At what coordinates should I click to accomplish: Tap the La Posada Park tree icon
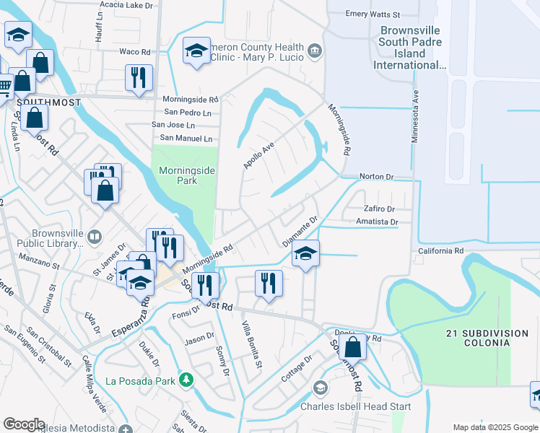click(x=186, y=379)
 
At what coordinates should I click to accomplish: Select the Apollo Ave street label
click(x=258, y=155)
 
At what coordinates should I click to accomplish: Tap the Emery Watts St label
click(x=373, y=14)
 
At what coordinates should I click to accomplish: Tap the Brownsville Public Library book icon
click(x=95, y=237)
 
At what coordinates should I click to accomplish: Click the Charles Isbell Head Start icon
click(x=320, y=388)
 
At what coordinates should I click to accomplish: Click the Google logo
click(x=24, y=424)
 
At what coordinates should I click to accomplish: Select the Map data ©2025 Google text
click(x=495, y=427)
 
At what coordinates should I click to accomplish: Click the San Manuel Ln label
click(x=186, y=138)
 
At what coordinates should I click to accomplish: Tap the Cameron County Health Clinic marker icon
click(x=315, y=50)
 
